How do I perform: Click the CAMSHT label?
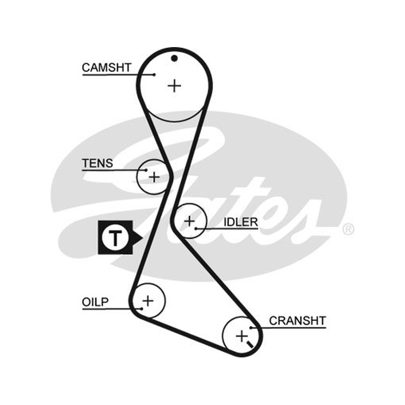coord(107,68)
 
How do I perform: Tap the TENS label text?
coord(97,163)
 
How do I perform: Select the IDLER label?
coord(241,222)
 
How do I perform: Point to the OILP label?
coord(95,302)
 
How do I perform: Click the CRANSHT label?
coord(298,321)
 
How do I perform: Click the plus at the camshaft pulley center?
coord(174,86)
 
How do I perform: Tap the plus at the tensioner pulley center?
coord(154,177)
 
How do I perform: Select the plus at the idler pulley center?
coord(189,221)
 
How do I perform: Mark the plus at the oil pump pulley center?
coord(148,301)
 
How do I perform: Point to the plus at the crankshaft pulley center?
coord(242,336)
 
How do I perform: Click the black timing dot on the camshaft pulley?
coord(175,58)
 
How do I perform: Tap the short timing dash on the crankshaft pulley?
coord(250,344)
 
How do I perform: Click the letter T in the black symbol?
coord(115,237)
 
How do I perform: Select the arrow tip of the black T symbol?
coord(142,237)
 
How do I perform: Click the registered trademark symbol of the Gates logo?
coord(348,229)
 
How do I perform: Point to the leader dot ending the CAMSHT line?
coord(154,74)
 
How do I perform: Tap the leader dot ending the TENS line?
coord(146,170)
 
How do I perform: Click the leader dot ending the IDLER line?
coord(196,229)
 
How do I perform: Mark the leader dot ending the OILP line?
coord(142,309)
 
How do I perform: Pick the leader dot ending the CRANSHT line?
coord(251,328)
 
